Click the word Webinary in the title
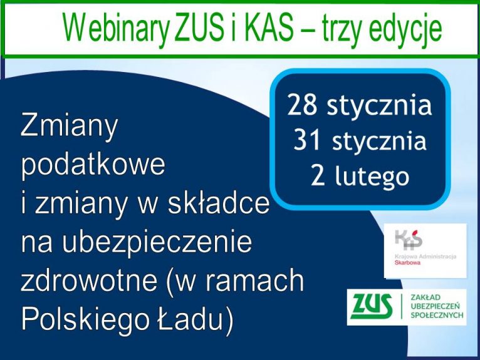pyautogui.click(x=117, y=28)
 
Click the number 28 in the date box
pyautogui.click(x=302, y=105)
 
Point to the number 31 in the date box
pyautogui.click(x=307, y=141)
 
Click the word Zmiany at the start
pyautogui.click(x=69, y=126)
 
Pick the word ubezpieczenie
pyautogui.click(x=157, y=241)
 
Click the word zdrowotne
pyautogui.click(x=89, y=280)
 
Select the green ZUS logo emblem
pyautogui.click(x=372, y=306)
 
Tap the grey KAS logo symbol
pyautogui.click(x=409, y=240)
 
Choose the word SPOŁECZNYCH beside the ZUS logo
pyautogui.click(x=437, y=316)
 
